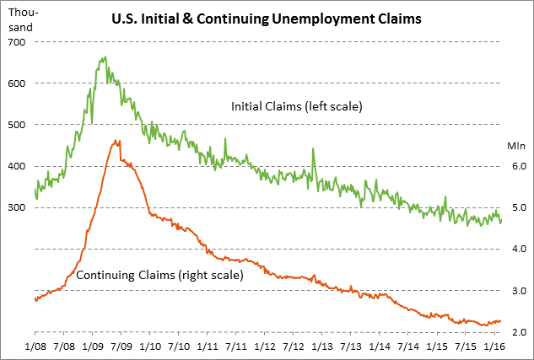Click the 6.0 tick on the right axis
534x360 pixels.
[x=516, y=166]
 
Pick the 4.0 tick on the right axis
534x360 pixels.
[x=516, y=249]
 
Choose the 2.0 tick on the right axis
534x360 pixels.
[x=516, y=332]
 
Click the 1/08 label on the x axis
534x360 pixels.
[x=35, y=346]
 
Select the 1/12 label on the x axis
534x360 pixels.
[x=264, y=346]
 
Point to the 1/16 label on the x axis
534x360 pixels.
[x=494, y=346]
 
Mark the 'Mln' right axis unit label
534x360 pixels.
[x=516, y=145]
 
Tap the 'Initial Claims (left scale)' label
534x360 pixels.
[x=296, y=107]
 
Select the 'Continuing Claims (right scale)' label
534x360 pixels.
[x=159, y=275]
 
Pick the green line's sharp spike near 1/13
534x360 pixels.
[x=314, y=149]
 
